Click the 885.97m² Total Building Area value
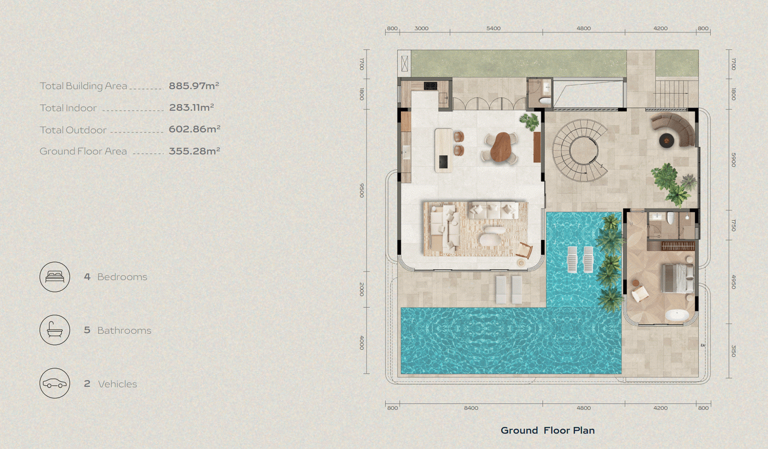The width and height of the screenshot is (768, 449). click(194, 86)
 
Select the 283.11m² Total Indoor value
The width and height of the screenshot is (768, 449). click(191, 107)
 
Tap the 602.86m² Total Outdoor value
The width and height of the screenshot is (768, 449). click(195, 129)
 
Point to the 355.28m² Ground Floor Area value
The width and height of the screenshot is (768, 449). click(195, 151)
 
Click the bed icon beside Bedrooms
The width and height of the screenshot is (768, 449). click(55, 277)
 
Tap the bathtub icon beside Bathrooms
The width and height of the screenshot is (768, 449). click(55, 330)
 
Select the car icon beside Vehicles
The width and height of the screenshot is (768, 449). click(55, 383)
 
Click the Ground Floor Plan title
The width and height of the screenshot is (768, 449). click(547, 430)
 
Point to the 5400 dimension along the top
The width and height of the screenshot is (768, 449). click(493, 29)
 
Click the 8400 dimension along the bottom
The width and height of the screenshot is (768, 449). click(471, 408)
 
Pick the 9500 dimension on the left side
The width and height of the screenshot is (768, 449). click(362, 190)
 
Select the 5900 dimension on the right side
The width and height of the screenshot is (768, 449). click(733, 160)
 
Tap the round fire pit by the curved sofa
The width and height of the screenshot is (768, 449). click(666, 140)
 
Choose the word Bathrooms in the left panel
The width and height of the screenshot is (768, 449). click(124, 330)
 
